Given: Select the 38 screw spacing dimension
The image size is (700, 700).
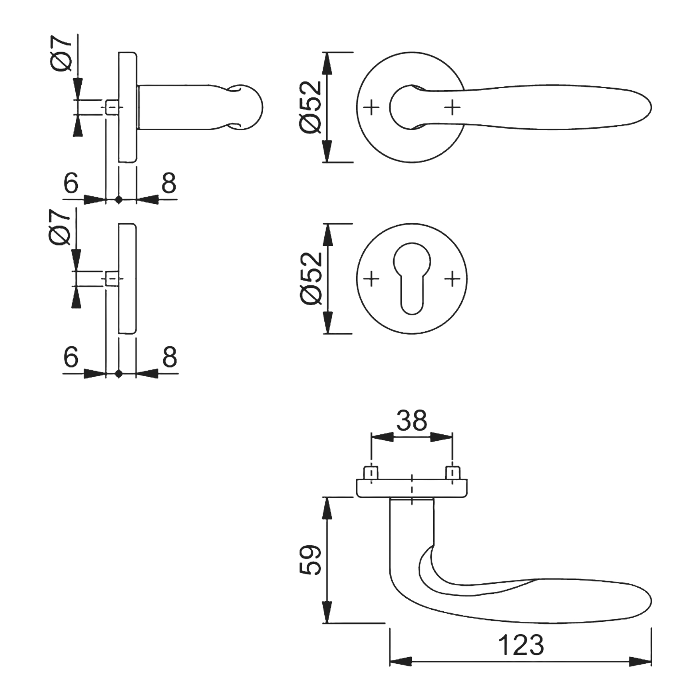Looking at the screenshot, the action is point(411,420).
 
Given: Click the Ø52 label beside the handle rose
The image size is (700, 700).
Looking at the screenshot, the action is point(311,107).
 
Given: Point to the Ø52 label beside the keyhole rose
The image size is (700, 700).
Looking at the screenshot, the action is point(311,278).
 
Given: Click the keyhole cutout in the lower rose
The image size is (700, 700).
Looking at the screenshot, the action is point(412,278).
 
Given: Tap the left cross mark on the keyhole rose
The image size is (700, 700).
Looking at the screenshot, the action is point(371,278).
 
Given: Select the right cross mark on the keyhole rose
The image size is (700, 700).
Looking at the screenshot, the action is point(452,278).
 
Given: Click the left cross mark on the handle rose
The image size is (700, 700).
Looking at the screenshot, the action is point(371,107).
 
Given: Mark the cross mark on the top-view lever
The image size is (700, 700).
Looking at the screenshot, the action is point(452,107).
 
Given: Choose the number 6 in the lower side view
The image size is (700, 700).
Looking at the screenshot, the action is point(71,356).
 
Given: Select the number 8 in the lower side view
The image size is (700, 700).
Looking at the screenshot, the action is point(170,356).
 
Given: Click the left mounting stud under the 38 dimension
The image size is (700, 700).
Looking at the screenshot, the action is point(371,473).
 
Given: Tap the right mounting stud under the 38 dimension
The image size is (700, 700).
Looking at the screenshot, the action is point(452,473).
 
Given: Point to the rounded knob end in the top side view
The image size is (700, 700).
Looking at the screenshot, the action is point(248,107).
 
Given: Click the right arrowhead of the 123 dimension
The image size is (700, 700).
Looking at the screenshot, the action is point(640,661).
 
